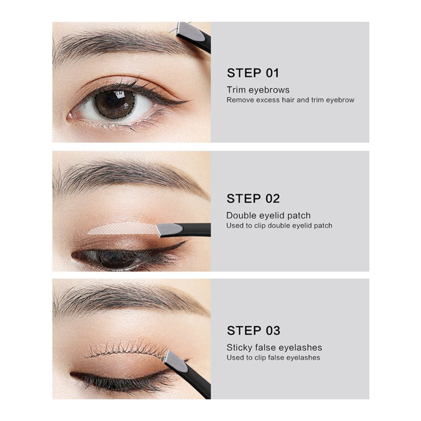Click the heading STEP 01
[x=253, y=73]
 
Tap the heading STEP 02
[x=253, y=199]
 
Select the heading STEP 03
[x=253, y=330]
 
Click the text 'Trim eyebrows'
[x=258, y=90]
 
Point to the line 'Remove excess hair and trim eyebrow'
[x=290, y=100]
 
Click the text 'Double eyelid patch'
[x=269, y=215]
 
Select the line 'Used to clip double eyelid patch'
[x=279, y=226]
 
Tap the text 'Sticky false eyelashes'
[x=274, y=347]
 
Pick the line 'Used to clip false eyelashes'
[x=273, y=357]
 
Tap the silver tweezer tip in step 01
[x=190, y=32]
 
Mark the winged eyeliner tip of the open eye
[x=187, y=101]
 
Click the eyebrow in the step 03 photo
[x=129, y=299]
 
